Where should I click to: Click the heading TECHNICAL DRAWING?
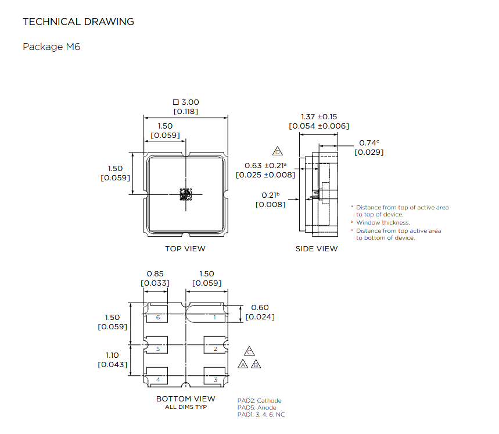click(78, 22)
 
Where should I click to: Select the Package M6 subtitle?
click(51, 47)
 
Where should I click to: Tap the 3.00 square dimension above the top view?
click(186, 102)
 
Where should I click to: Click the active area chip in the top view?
click(185, 194)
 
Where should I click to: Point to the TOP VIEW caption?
click(185, 248)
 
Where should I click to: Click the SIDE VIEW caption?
click(317, 248)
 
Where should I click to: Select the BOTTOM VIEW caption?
click(185, 399)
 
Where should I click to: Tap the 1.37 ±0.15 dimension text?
click(319, 116)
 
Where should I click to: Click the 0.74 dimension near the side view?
click(368, 143)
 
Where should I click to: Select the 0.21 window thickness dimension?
click(269, 195)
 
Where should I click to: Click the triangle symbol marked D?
click(278, 151)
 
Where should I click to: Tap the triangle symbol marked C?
click(249, 352)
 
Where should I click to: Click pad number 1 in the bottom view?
click(215, 317)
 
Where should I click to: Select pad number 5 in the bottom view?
click(157, 348)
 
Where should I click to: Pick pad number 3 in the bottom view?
click(215, 379)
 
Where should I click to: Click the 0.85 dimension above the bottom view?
click(155, 274)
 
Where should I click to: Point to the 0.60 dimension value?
click(260, 308)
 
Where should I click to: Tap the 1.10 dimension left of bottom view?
click(113, 355)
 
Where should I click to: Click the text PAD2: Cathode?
click(259, 400)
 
